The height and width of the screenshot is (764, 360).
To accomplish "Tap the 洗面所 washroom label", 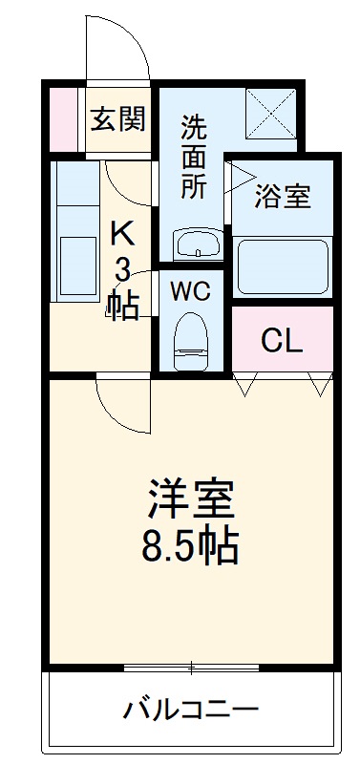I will pyautogui.click(x=193, y=156).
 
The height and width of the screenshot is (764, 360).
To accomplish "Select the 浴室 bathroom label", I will pyautogui.click(x=283, y=198).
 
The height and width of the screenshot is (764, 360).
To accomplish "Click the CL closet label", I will pyautogui.click(x=283, y=341).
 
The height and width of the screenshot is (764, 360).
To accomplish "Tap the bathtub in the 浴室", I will pyautogui.click(x=284, y=266).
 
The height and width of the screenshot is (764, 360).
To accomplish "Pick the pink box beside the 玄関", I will pyautogui.click(x=65, y=120).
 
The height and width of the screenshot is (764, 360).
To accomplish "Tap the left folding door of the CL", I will pyautogui.click(x=246, y=383).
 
